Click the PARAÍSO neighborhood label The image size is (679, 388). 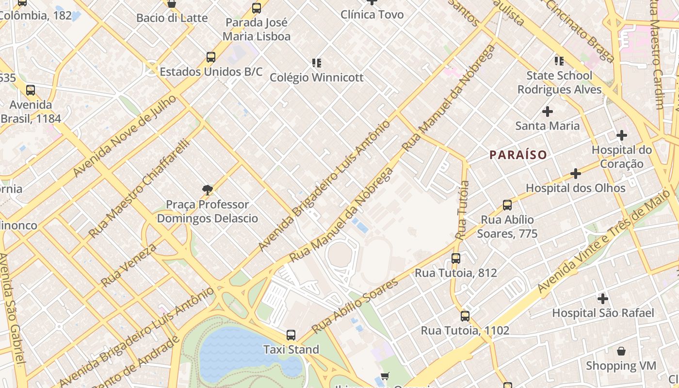coord(518,155)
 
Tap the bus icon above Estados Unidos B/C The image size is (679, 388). coord(210,57)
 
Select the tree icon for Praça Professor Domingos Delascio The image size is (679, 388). coord(208,190)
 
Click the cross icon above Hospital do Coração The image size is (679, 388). coord(621,135)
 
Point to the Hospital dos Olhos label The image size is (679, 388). coord(576,188)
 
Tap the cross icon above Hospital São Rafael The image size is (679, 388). coord(602,298)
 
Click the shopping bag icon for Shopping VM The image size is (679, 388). coord(621,351)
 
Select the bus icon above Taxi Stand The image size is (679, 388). coord(291,335)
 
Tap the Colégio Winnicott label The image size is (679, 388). coord(316,78)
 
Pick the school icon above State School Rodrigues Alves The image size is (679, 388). coord(559,61)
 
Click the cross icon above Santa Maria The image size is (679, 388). coord(547,112)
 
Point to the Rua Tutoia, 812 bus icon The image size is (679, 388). coord(455,259)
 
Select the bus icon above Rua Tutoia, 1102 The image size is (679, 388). coord(465,316)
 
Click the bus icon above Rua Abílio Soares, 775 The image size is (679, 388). coord(507,205)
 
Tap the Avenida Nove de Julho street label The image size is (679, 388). coord(124,136)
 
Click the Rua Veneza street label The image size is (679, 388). coord(129,265)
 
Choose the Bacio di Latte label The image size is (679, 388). coord(172,18)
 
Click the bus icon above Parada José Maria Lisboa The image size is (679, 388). coord(256,8)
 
